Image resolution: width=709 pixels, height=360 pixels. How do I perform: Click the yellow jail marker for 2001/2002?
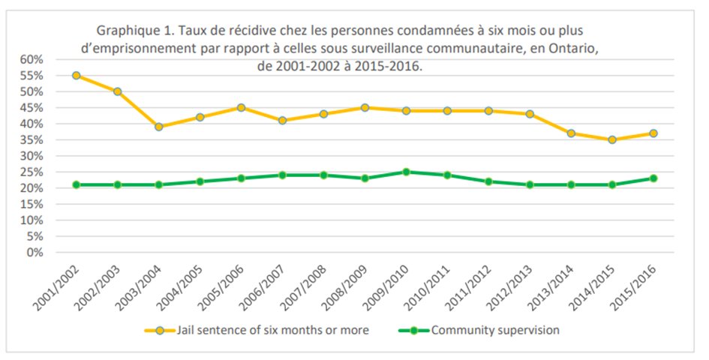[77, 76]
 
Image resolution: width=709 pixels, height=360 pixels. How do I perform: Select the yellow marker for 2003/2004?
[159, 127]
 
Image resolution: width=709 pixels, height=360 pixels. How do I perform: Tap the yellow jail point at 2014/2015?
[612, 139]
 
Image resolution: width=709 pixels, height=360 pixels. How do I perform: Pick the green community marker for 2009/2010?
[406, 172]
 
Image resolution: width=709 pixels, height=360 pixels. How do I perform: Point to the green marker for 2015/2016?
[653, 178]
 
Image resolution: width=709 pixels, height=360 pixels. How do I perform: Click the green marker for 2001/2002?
[77, 184]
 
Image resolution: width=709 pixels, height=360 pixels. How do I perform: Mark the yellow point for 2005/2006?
[241, 108]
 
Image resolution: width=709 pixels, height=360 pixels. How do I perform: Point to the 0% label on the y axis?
[37, 252]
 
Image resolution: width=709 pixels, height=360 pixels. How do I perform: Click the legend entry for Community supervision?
[479, 330]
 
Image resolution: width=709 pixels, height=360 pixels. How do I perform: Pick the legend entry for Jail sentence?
[257, 330]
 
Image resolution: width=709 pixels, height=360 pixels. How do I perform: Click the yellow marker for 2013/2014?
[571, 133]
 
